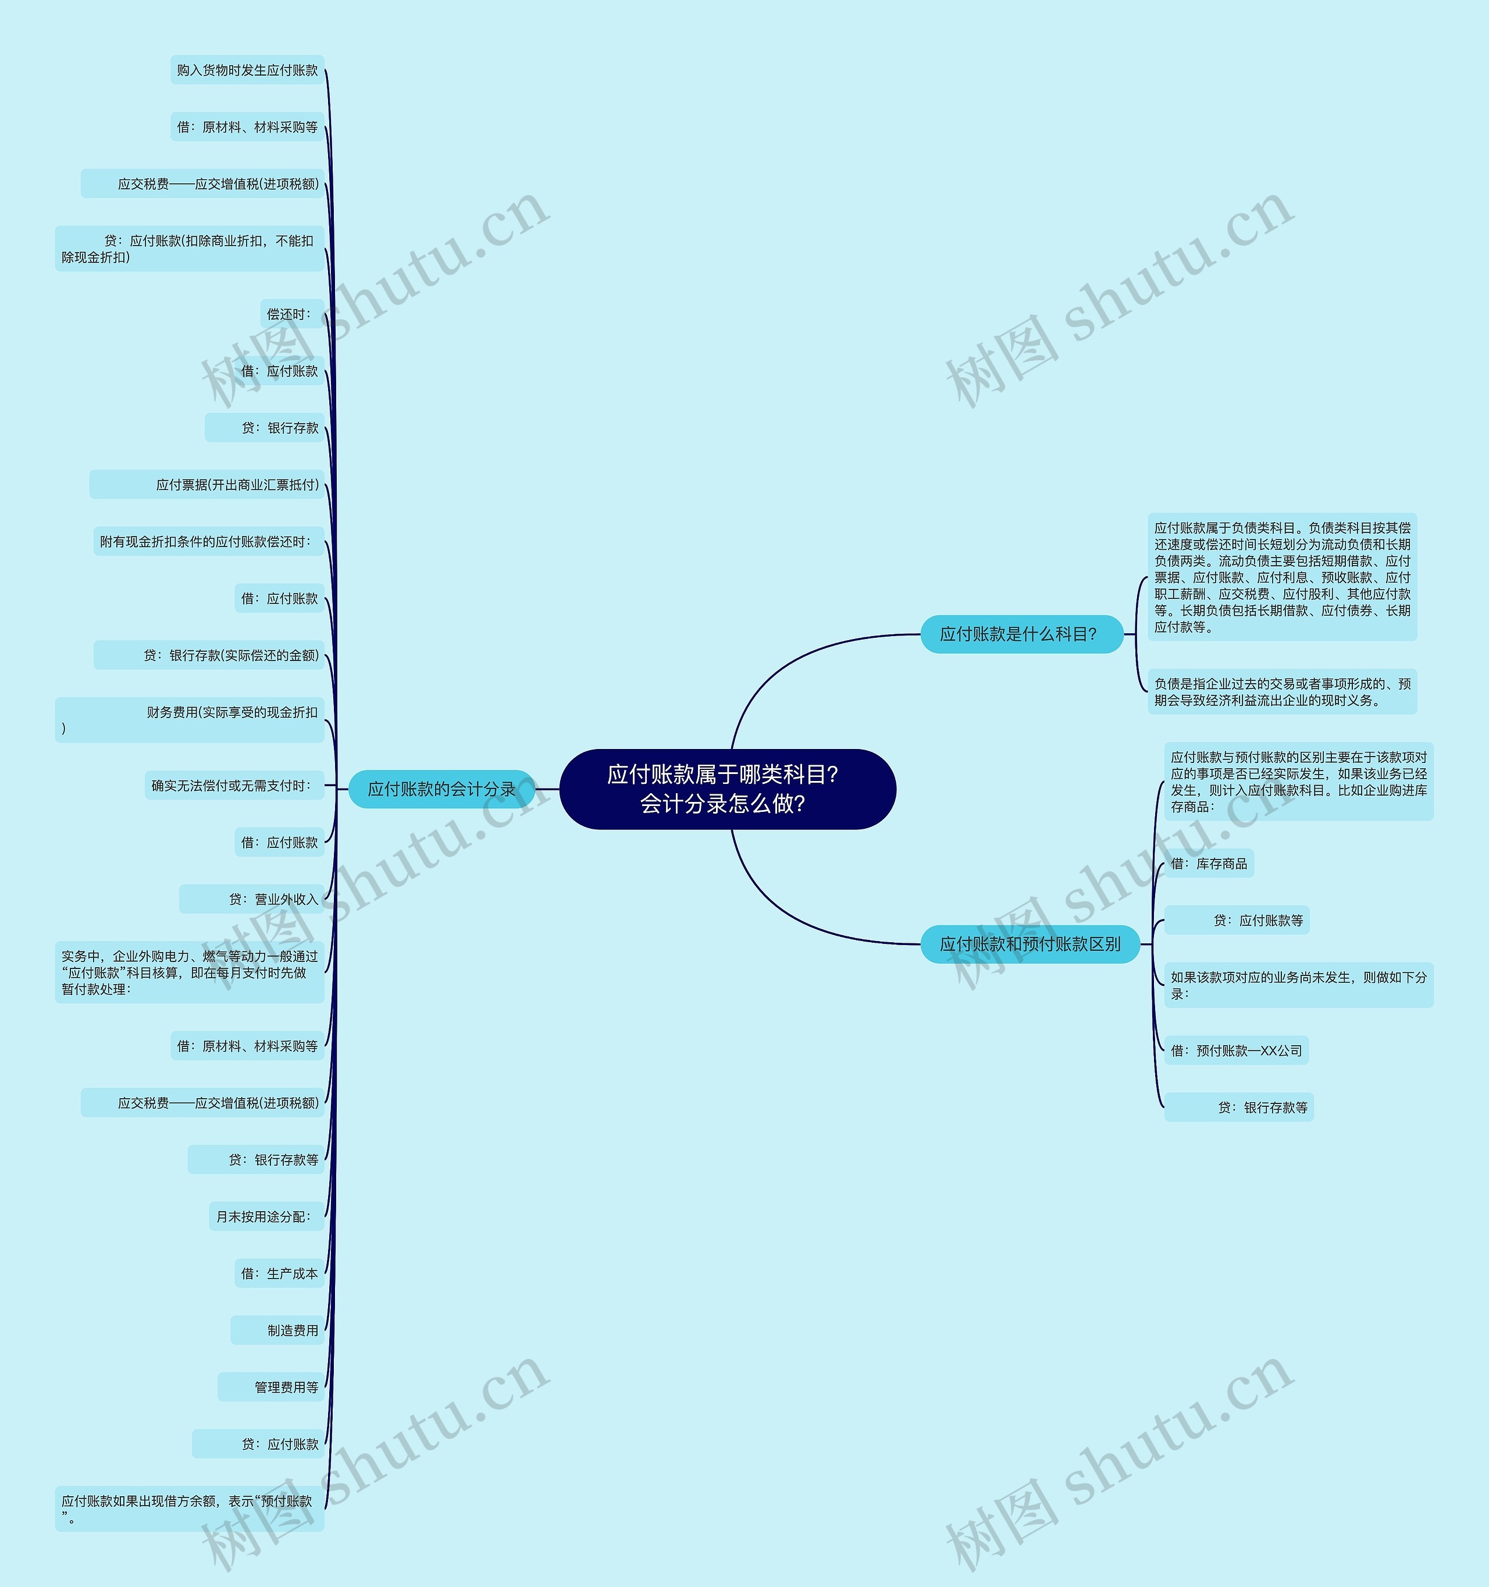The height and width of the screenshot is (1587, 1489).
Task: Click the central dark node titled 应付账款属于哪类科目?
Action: tap(727, 789)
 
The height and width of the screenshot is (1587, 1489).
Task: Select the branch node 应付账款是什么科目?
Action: tap(1021, 635)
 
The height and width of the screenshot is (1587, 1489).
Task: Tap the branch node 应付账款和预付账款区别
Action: tap(1030, 945)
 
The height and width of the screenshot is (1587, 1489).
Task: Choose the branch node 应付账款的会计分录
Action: tap(441, 789)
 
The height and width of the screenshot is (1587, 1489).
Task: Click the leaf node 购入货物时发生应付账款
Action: tap(247, 70)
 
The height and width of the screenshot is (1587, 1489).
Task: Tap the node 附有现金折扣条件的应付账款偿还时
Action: tap(208, 542)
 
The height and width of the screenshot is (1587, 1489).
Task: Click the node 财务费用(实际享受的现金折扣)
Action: tap(190, 720)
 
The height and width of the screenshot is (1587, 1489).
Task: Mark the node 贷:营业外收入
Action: tap(251, 900)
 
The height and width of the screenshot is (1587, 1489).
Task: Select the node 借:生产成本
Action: tap(279, 1273)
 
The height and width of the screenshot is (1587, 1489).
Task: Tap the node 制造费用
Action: tap(277, 1330)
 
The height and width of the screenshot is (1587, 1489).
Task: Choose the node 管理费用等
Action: tap(271, 1387)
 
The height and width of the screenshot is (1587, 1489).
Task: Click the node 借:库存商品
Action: tap(1208, 864)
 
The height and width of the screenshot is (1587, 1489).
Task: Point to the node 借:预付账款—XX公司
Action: tap(1235, 1050)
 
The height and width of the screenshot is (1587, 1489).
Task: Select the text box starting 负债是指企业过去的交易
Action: tap(1281, 692)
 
